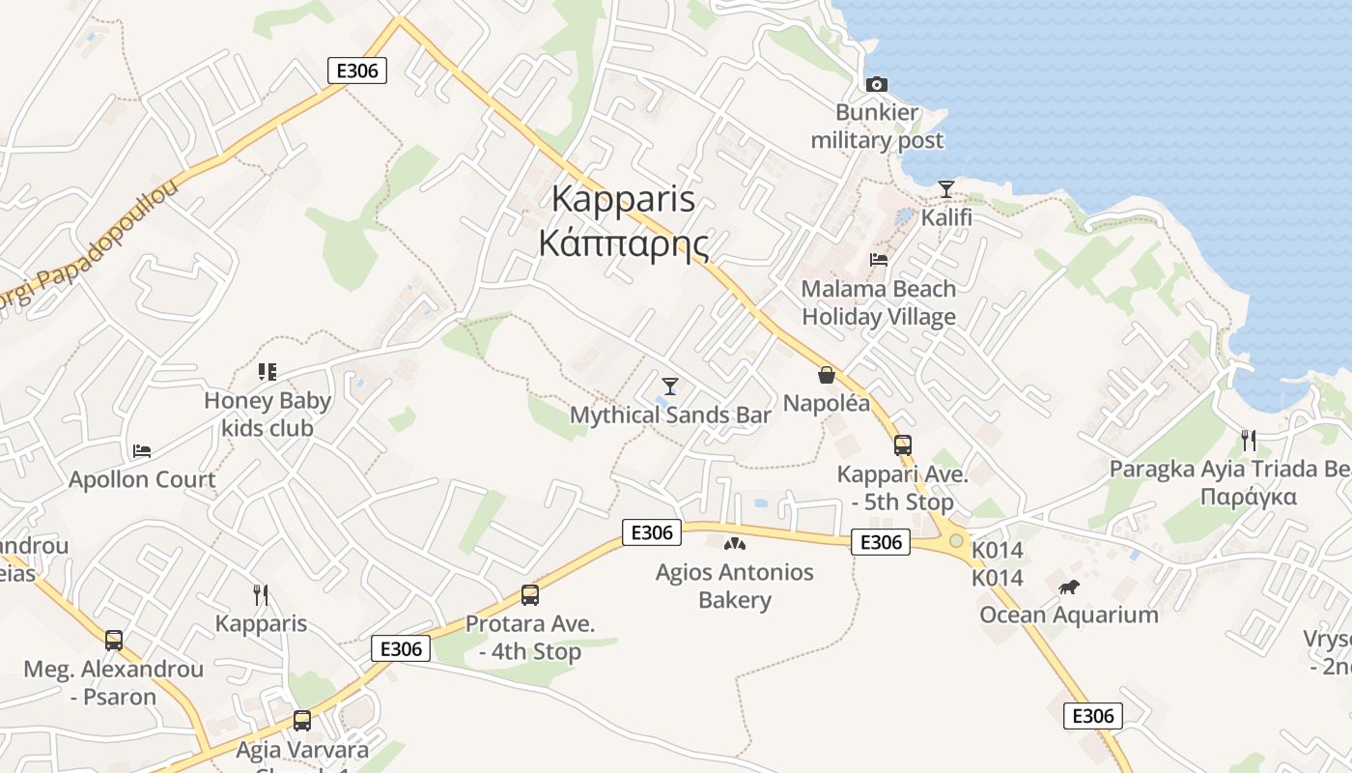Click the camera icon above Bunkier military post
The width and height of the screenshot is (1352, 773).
pos(877,84)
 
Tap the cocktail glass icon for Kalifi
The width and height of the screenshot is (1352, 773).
pos(946,188)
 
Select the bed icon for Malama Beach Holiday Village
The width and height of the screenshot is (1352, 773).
pos(879,259)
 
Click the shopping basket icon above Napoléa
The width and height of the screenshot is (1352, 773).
pos(827,374)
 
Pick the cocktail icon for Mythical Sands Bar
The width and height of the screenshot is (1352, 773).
pos(670,386)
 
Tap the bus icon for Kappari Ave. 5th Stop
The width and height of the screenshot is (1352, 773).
pos(903,445)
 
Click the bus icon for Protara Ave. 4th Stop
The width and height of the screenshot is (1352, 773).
pos(530,595)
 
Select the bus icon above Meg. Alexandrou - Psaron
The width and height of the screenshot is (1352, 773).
pos(114,640)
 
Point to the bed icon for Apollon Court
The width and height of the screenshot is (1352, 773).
pos(142,450)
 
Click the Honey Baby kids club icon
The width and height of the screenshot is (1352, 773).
pos(268,371)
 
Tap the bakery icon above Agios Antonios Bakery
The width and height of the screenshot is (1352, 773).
pos(735,544)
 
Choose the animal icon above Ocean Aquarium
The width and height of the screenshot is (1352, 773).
pos(1068,587)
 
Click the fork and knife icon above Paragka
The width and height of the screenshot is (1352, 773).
pos(1249,441)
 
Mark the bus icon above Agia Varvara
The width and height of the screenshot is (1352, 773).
pos(302,720)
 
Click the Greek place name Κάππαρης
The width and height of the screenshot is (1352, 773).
pos(624,243)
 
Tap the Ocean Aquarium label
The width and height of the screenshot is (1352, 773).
pos(1069,615)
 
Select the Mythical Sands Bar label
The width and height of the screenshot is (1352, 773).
pos(670,415)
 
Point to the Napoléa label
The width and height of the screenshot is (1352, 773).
pos(827,403)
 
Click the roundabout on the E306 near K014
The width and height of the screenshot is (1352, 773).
pos(956,541)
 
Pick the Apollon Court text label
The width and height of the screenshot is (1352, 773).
pos(142,479)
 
